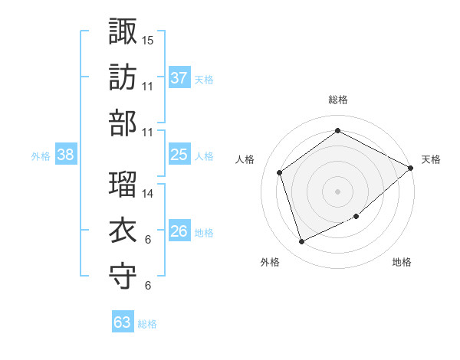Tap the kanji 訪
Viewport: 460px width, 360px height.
tap(123, 77)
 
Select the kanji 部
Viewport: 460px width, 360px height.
tap(123, 123)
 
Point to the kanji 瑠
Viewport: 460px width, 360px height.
tap(123, 183)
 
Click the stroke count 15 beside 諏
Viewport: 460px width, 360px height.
tap(148, 39)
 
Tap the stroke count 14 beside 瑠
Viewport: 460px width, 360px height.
tap(148, 194)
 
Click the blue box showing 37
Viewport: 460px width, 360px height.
tap(179, 77)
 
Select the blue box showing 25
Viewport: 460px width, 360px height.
tap(179, 155)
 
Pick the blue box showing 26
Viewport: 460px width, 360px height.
tap(179, 231)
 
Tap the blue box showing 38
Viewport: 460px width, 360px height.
tap(66, 155)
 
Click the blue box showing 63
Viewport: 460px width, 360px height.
tap(123, 322)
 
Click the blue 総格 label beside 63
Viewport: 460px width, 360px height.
tap(147, 324)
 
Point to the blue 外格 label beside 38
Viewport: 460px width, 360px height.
tap(41, 156)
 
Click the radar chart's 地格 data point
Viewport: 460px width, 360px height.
tap(356, 217)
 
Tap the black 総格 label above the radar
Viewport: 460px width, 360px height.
tap(337, 100)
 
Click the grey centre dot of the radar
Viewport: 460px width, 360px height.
tap(337, 191)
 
